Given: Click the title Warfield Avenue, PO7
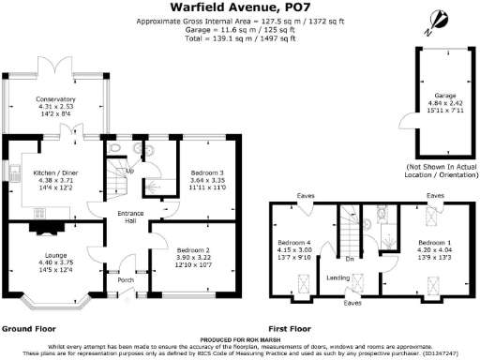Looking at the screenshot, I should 239,7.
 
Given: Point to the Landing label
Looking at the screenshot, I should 338,277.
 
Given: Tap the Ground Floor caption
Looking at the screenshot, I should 25,330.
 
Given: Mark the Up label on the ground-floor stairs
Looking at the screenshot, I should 129,172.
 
